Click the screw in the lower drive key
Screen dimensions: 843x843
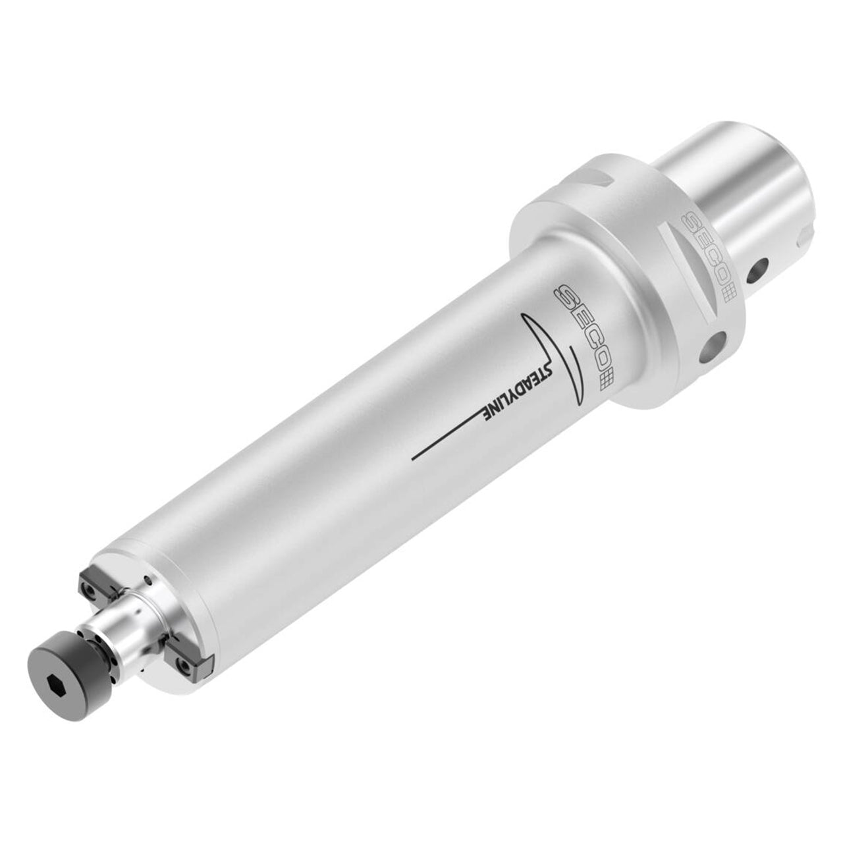coord(186,668)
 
